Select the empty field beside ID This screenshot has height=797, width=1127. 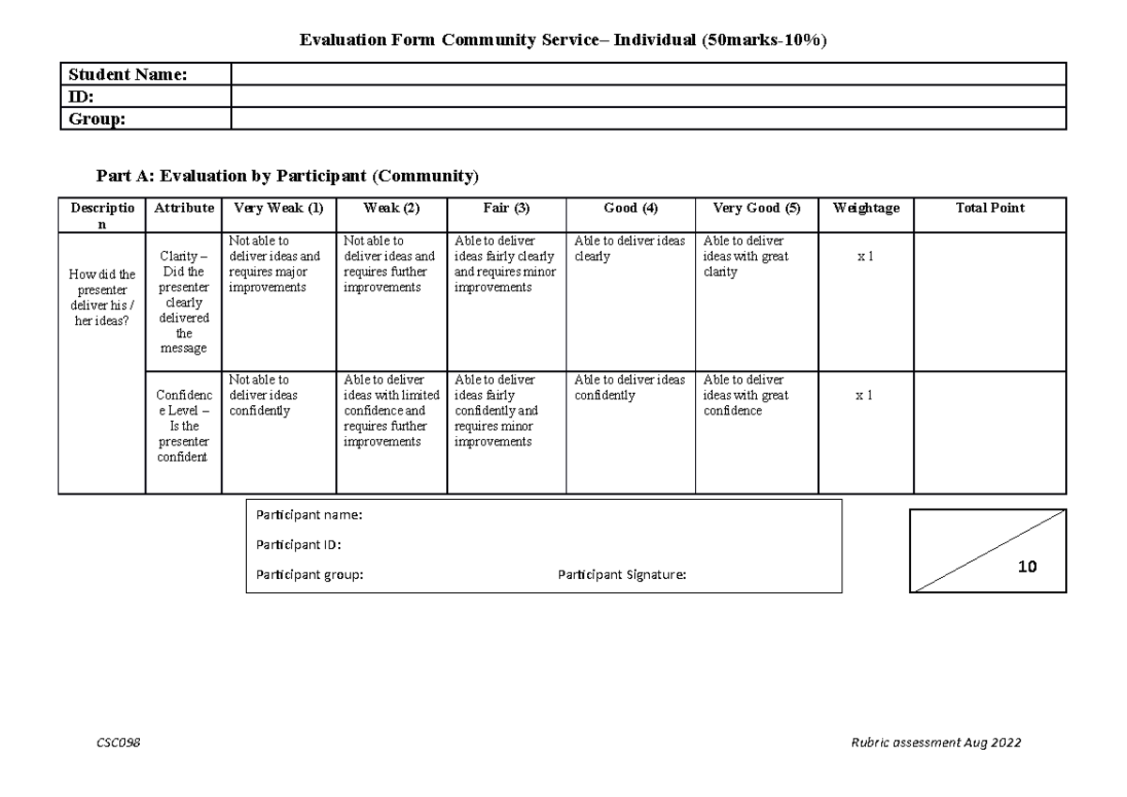tap(648, 97)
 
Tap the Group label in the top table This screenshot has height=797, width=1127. tap(97, 118)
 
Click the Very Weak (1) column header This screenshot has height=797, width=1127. tap(278, 209)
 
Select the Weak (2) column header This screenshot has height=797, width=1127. tap(392, 209)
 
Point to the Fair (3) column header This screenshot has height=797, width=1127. tap(506, 209)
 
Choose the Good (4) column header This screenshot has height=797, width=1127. tap(630, 209)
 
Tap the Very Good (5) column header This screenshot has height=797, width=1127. tap(756, 209)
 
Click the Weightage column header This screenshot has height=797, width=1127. tap(865, 209)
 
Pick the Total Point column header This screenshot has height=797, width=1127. tap(990, 209)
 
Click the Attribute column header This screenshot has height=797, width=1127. tap(183, 209)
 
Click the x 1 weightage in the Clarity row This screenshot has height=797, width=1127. tap(865, 257)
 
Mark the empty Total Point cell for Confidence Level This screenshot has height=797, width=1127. tap(990, 432)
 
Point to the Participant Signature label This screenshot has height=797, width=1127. tap(622, 575)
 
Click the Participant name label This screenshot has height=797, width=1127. tap(309, 515)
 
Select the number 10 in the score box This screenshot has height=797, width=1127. tap(1027, 567)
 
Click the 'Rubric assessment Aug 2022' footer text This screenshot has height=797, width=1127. tap(935, 742)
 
